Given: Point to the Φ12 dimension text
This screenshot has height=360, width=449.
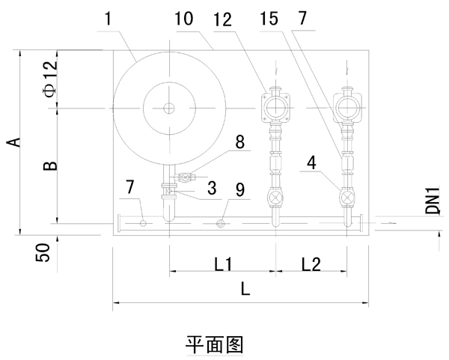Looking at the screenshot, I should tap(49, 80).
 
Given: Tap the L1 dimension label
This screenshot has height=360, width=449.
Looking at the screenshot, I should tap(224, 264).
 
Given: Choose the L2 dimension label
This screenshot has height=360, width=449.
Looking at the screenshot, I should tap(312, 264).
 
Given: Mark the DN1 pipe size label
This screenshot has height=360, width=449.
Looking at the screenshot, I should tap(433, 200).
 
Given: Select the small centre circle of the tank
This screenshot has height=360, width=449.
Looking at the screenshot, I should tap(170, 109).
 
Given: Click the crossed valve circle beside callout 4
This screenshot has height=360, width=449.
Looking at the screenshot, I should tap(347, 199).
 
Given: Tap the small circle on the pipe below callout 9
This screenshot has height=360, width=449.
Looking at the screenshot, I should tap(221, 223).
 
